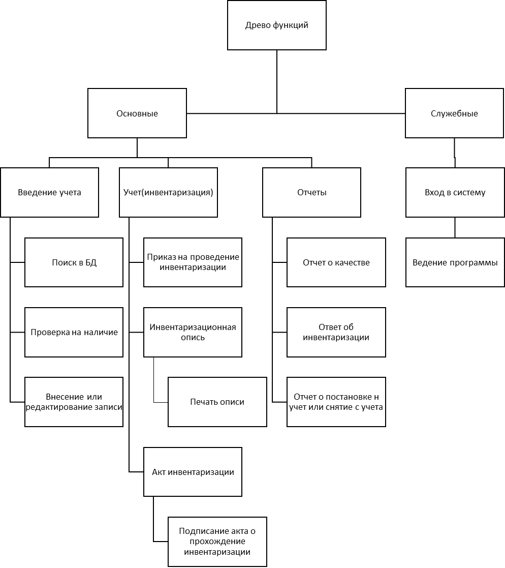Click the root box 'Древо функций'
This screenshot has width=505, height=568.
coord(276,25)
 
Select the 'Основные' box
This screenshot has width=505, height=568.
coord(137,113)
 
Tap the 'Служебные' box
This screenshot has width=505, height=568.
coord(454,113)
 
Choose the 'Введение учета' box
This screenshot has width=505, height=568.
coord(50,192)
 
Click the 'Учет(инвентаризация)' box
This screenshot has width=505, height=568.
coord(168,192)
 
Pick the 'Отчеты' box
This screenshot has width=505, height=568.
coord(312,192)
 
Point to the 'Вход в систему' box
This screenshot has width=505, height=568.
coord(455,192)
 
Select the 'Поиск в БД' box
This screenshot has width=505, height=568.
coord(74,262)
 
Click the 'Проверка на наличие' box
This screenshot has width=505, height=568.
coord(74,332)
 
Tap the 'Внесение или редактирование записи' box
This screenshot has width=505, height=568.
coord(74,402)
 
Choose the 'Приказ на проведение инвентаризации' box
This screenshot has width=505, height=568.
coord(193,262)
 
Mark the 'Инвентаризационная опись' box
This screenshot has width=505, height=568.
coord(193,332)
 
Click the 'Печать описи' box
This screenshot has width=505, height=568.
coord(217,402)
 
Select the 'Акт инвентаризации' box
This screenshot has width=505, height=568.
coord(193,472)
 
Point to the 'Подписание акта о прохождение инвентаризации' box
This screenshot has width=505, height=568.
coord(217,542)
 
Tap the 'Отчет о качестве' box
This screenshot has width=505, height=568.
coord(336,262)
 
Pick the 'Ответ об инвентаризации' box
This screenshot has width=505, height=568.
coord(336,332)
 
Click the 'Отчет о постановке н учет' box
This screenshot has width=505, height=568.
coord(336,402)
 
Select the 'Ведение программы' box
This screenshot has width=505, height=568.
coord(455,262)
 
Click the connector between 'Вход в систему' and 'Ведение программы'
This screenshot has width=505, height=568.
coord(455,227)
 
